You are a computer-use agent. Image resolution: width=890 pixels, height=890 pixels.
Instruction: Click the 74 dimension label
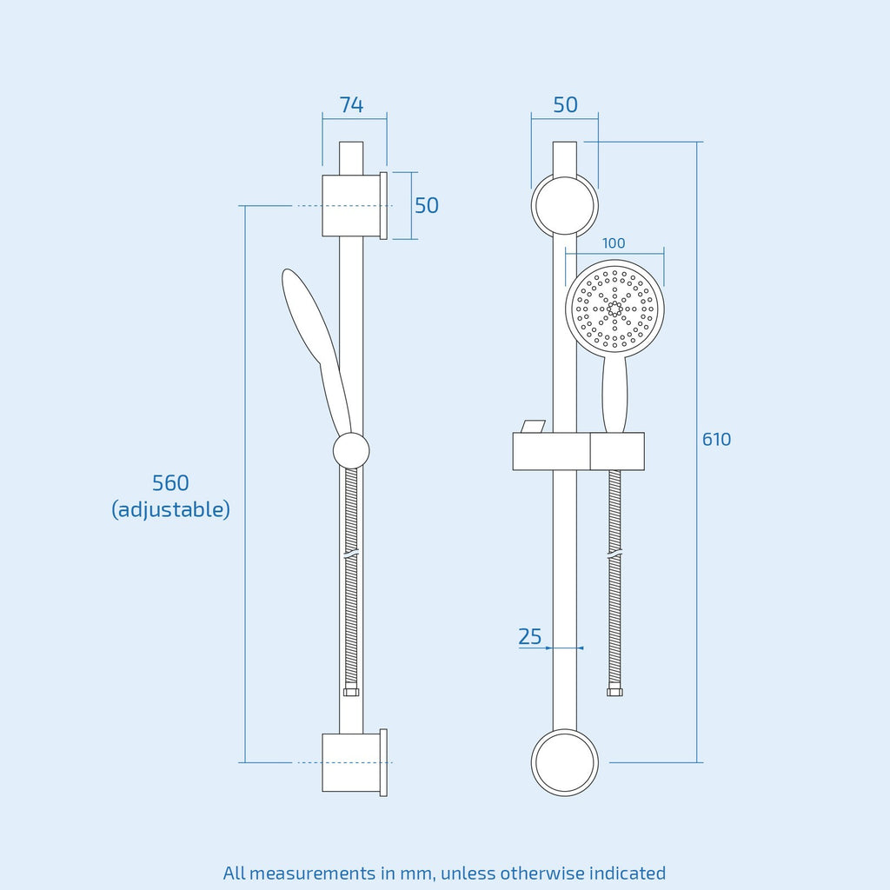(351, 105)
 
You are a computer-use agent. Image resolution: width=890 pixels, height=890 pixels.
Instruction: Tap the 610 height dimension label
(716, 439)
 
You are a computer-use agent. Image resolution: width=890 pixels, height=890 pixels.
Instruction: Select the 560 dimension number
(170, 483)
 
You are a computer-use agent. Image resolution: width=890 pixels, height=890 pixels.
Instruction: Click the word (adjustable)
(171, 509)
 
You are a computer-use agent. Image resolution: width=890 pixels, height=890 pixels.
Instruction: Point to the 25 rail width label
(529, 636)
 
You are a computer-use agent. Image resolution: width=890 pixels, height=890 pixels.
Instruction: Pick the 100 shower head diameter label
(614, 243)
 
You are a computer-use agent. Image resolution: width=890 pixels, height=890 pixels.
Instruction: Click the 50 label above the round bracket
(565, 105)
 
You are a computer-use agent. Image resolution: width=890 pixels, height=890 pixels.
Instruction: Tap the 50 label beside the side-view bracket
(426, 205)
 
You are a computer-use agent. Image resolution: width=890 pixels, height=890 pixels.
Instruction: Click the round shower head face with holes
(614, 309)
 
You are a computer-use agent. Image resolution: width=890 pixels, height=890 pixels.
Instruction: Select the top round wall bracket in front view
(565, 205)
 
